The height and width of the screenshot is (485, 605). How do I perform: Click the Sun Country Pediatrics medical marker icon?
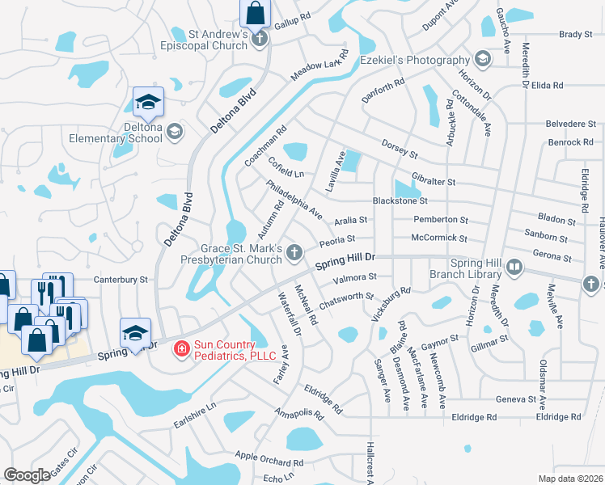point(181,348)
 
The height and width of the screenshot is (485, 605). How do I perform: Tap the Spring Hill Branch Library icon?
point(513,267)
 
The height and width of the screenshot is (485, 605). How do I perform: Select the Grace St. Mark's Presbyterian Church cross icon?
point(296,255)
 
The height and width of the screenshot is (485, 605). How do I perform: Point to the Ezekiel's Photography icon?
point(483,60)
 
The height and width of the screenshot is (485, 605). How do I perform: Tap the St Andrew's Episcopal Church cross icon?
point(260,38)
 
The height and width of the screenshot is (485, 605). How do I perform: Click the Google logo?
point(27,475)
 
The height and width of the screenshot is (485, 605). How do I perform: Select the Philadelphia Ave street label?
point(294,200)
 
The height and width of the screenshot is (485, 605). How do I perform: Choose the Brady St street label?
point(576,35)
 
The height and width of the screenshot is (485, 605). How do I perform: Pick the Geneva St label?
point(516,399)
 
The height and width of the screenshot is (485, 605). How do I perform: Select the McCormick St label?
point(439,238)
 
